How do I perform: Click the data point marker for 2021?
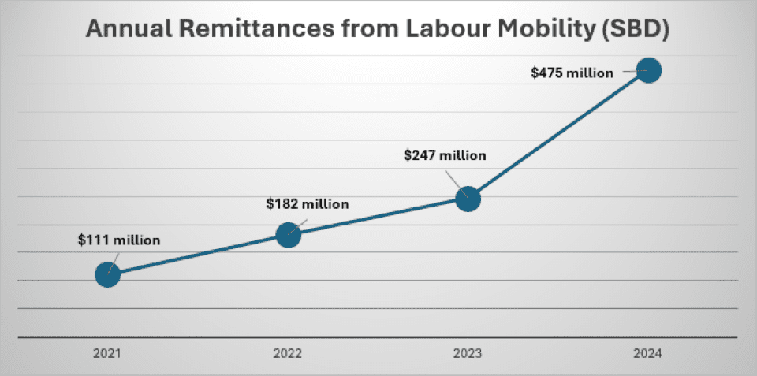coord(107,274)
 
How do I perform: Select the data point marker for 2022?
coord(289,234)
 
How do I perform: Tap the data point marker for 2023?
coord(468,199)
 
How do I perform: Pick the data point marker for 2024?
coord(648,70)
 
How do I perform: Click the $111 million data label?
coord(119,240)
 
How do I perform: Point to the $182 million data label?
coord(308,203)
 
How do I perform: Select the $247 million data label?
coord(445,155)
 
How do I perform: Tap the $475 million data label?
coord(572,73)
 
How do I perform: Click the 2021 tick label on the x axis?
coord(108,353)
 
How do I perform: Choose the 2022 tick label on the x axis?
coord(289,353)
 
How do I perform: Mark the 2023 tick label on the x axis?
coord(468,353)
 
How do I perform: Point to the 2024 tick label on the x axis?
coord(648,353)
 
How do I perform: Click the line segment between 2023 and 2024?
coord(558,134)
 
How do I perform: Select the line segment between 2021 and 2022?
coord(198,254)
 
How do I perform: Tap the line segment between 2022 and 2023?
coord(378,216)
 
